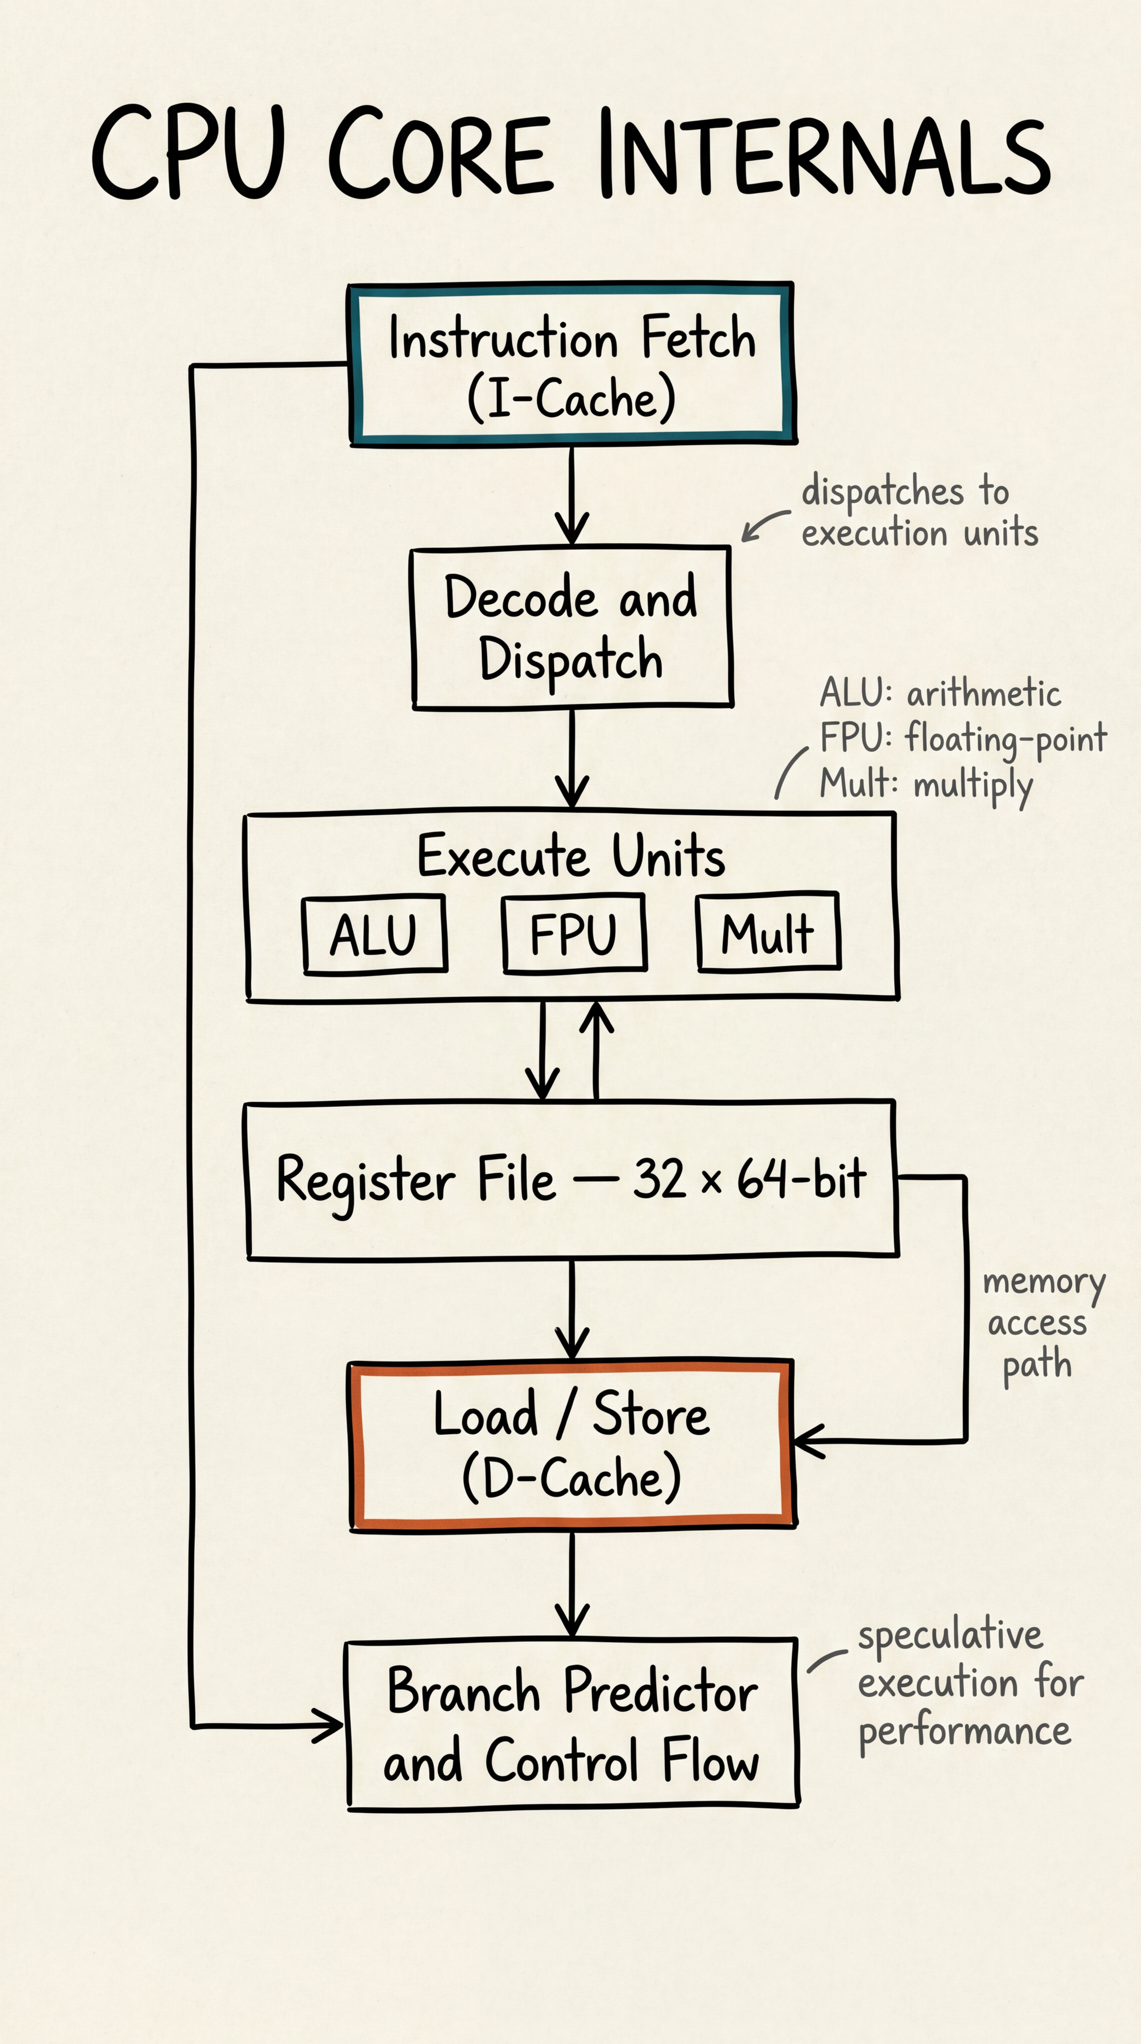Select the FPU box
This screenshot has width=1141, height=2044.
[x=574, y=933]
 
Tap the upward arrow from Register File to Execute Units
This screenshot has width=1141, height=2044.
[x=596, y=1047]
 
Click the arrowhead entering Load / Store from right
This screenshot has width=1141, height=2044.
[x=805, y=1440]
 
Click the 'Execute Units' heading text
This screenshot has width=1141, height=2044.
[x=571, y=857]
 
